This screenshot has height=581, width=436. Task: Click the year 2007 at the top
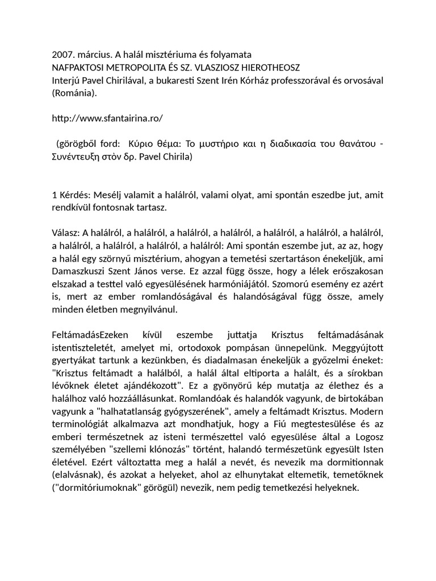(x=62, y=55)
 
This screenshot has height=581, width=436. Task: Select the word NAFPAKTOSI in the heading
(x=78, y=68)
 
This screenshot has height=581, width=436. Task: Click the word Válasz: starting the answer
(x=66, y=233)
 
